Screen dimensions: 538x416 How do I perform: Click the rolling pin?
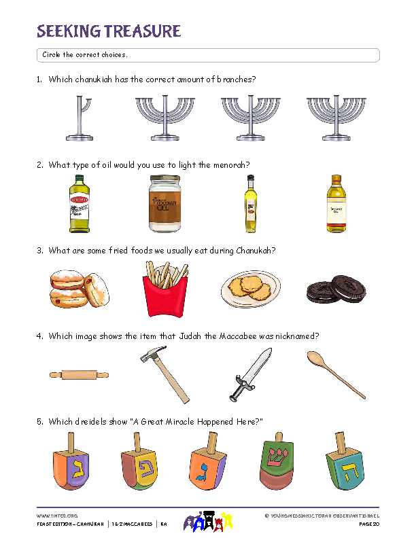pos(79,374)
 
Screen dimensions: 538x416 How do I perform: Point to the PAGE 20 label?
pos(368,525)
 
